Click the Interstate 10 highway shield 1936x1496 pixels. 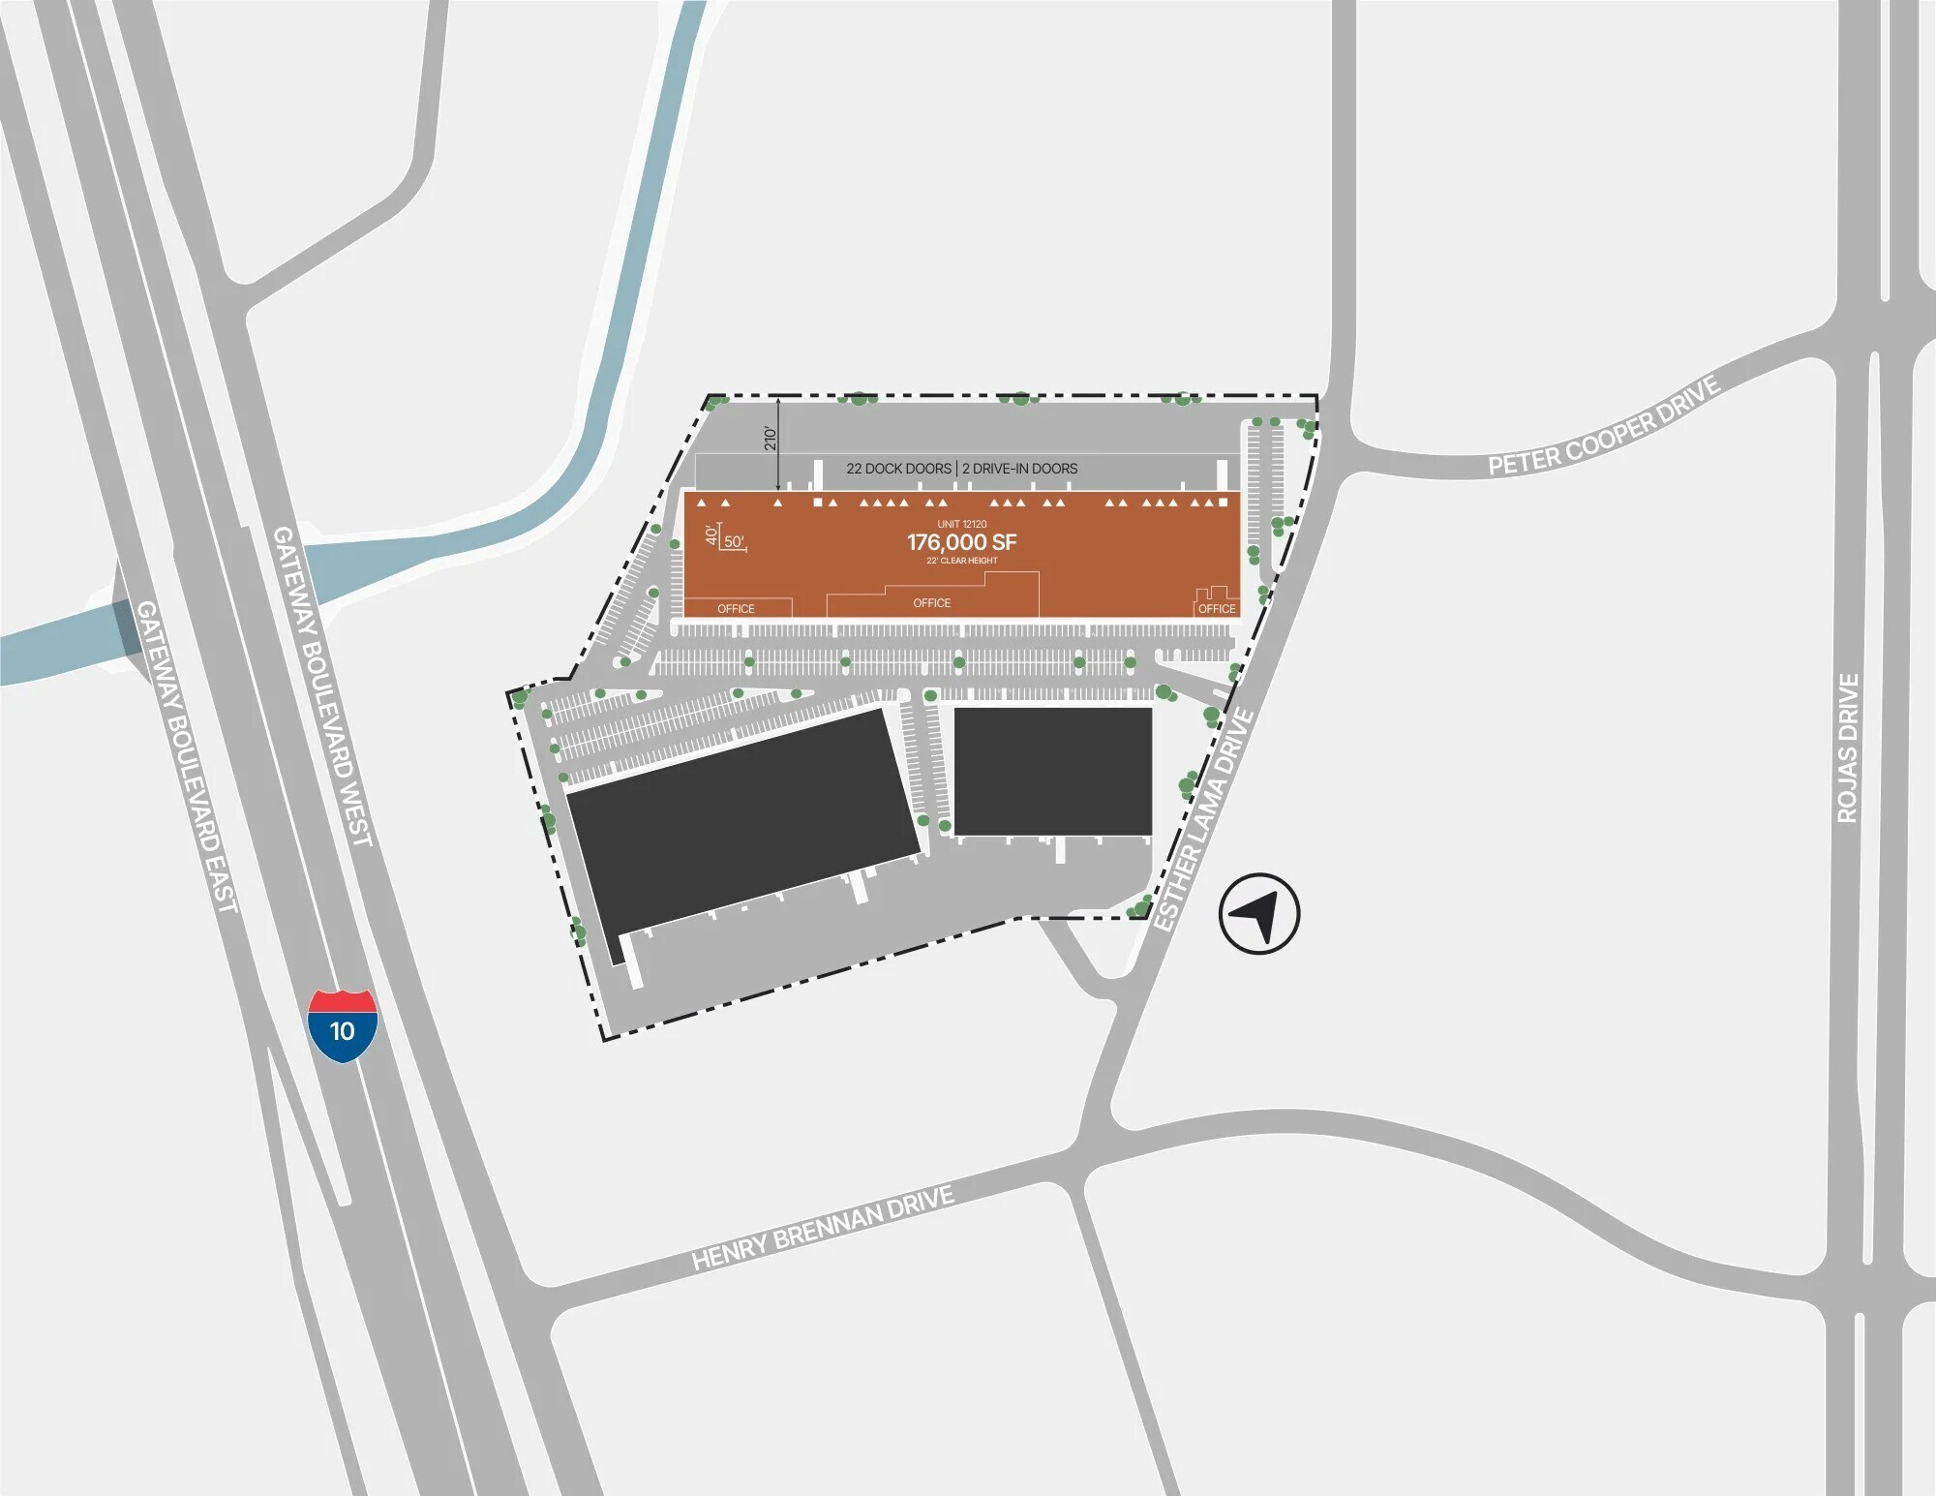[343, 1025]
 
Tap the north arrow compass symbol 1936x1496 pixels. [1258, 913]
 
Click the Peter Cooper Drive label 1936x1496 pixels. [1604, 425]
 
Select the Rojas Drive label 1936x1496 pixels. [1848, 748]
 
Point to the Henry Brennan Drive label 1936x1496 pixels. [823, 1228]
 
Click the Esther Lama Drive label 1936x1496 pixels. [1205, 820]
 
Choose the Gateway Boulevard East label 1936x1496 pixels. [186, 756]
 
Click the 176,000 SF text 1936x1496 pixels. [961, 542]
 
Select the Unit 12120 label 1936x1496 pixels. [961, 524]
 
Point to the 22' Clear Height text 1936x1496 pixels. [961, 561]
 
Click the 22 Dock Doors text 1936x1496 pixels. [898, 469]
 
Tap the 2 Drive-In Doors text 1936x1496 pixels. [1019, 469]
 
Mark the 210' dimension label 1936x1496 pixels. [771, 438]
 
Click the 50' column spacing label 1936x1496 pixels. [734, 542]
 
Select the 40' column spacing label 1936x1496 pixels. [711, 534]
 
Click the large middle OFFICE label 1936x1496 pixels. [931, 603]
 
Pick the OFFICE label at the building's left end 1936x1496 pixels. [736, 609]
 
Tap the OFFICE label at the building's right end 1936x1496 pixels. [1217, 609]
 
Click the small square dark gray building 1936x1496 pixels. [1053, 771]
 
